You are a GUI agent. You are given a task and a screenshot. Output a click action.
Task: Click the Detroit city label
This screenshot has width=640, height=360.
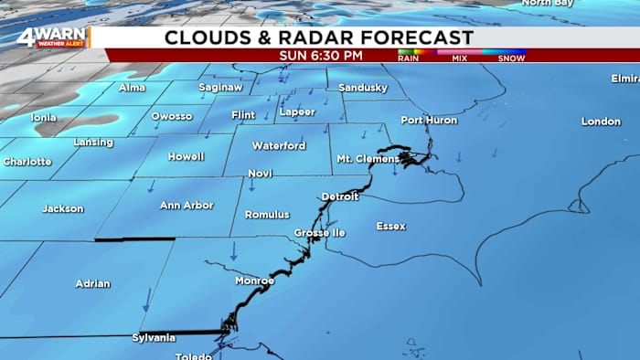click(340, 197)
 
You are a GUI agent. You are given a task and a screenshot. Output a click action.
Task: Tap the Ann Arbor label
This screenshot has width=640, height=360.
click(186, 206)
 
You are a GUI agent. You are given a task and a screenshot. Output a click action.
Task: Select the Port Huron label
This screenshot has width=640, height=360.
click(429, 121)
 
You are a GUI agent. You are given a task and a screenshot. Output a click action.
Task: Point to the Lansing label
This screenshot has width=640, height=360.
click(93, 143)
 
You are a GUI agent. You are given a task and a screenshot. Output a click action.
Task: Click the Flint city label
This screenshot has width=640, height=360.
click(243, 116)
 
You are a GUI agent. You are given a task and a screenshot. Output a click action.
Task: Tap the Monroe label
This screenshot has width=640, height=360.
click(254, 281)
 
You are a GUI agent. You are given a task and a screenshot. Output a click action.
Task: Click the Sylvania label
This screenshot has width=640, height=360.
click(153, 338)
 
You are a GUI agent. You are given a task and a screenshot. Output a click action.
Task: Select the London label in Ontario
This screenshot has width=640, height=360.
click(601, 122)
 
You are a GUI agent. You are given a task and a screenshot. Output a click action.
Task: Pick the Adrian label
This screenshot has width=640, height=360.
click(92, 283)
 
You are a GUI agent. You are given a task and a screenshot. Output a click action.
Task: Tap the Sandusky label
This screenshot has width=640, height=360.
click(363, 88)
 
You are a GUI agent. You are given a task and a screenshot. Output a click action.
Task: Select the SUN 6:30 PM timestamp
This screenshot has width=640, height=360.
click(320, 56)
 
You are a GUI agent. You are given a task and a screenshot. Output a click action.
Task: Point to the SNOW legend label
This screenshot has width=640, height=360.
click(511, 58)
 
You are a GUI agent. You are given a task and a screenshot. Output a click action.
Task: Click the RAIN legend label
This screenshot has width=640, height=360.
click(410, 58)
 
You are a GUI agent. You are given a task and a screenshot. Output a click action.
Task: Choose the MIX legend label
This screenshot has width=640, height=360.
click(459, 58)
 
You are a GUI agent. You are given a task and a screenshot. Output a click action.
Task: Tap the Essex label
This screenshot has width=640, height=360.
click(391, 226)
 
